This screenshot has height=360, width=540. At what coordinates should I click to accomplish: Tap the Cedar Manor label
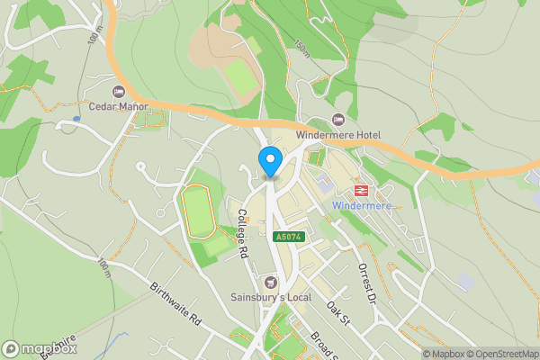118,106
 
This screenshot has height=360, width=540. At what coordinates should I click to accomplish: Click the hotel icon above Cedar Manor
118,92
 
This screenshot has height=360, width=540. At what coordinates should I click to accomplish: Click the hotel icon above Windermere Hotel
338,120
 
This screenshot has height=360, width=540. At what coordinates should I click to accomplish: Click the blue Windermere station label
363,205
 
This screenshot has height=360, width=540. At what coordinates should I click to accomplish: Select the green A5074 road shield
288,236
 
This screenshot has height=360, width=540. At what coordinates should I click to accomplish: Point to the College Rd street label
243,234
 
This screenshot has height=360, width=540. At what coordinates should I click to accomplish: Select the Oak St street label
337,314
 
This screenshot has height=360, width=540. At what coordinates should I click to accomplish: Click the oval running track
198,210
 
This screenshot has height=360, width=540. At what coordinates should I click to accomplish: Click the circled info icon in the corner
9,349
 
